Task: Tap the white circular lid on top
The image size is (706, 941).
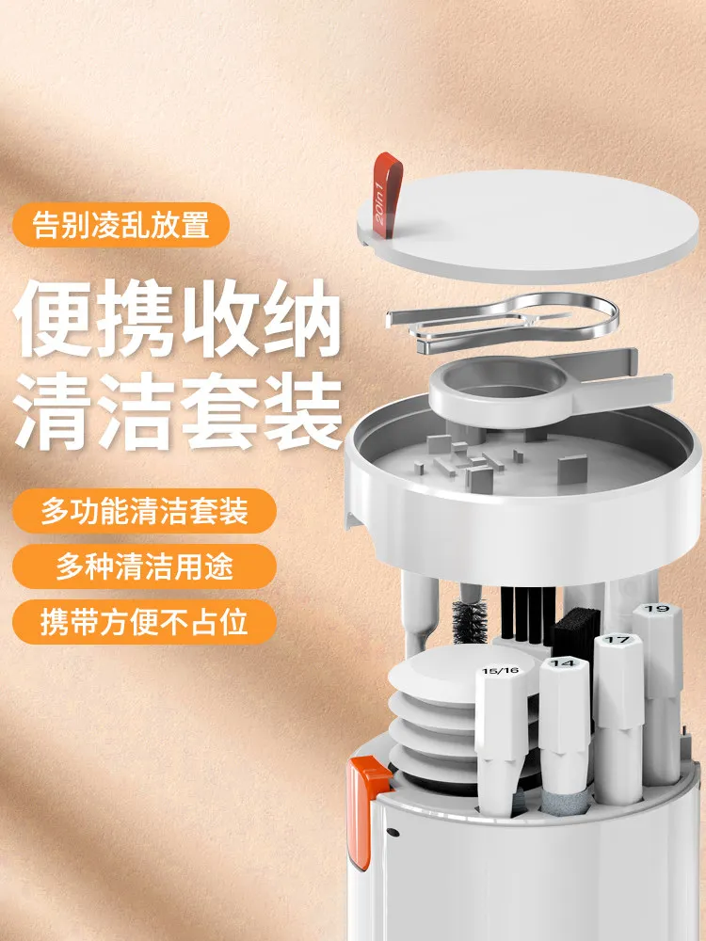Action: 528,225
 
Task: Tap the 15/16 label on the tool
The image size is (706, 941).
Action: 500,671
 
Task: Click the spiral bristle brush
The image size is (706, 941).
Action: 470,622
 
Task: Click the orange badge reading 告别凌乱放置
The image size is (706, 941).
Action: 120,225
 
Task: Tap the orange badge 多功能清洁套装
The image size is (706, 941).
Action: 145,511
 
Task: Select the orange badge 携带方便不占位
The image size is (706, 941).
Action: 145,622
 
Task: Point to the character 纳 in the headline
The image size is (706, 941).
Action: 301,318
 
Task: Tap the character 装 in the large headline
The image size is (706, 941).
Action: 301,411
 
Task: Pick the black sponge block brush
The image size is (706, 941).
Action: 575,633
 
